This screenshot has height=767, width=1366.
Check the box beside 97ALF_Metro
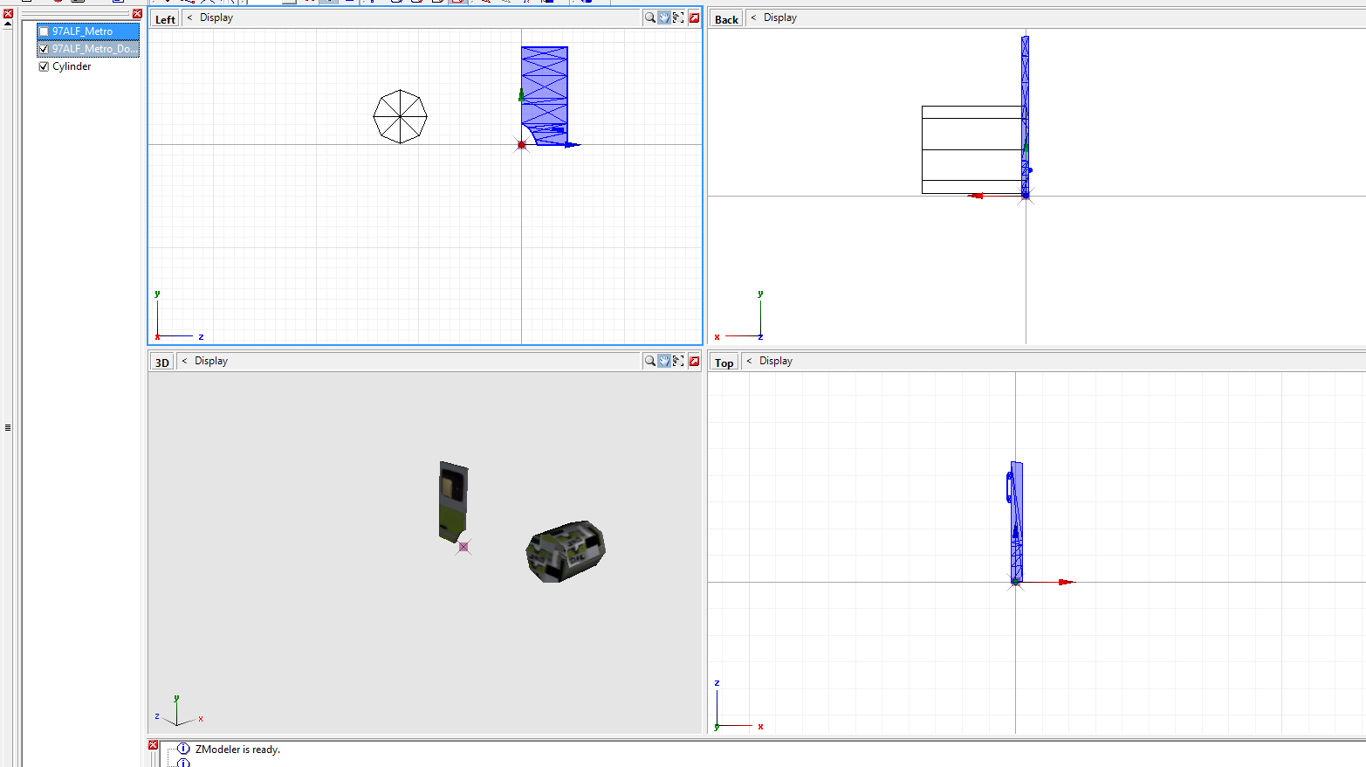(x=44, y=31)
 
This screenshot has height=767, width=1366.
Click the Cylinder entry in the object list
(x=72, y=66)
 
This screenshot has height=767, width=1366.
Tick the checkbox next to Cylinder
(x=44, y=66)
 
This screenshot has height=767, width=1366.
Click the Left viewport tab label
(x=165, y=19)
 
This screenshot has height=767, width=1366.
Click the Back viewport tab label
(x=726, y=19)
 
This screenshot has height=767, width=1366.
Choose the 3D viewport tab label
(x=161, y=363)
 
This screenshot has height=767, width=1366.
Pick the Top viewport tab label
(x=724, y=363)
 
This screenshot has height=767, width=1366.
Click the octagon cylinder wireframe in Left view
(x=400, y=116)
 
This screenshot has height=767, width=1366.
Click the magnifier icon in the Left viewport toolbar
(x=649, y=17)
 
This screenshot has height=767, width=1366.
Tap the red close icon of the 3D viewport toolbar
(x=694, y=361)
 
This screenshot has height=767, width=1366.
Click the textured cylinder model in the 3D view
(x=566, y=551)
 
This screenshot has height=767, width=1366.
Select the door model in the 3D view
(x=453, y=501)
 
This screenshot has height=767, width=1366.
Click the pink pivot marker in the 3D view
(x=463, y=547)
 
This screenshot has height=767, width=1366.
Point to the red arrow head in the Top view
(x=1066, y=582)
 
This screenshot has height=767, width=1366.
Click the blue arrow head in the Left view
(x=572, y=145)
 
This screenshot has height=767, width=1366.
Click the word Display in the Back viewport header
(x=779, y=17)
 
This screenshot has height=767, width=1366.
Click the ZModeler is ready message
(x=237, y=750)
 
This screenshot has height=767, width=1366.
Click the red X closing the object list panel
(x=137, y=14)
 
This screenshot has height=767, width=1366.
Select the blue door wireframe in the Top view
(x=1017, y=520)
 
